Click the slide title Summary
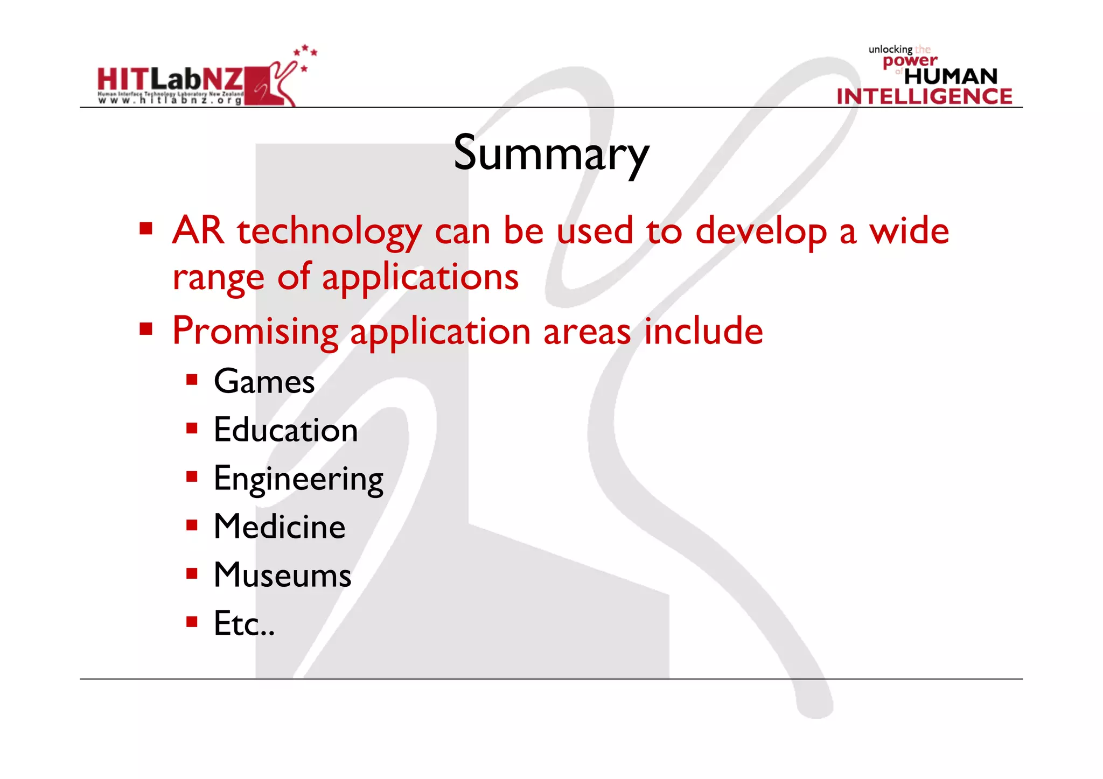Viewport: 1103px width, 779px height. click(551, 153)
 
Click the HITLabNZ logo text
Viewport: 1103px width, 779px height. click(170, 80)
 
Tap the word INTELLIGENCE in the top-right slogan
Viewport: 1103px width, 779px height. click(924, 96)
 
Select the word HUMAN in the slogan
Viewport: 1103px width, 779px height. click(951, 76)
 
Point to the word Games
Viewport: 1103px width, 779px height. click(264, 382)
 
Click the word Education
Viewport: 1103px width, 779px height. click(285, 430)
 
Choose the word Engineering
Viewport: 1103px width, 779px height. click(298, 479)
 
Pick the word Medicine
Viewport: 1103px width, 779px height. click(280, 527)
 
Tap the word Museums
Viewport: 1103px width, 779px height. click(282, 575)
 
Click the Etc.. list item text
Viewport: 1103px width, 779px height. click(244, 623)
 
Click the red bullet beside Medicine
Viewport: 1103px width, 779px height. click(192, 525)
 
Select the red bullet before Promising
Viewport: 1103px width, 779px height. click(146, 328)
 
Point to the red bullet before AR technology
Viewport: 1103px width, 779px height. click(146, 229)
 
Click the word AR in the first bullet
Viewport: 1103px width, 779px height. click(198, 230)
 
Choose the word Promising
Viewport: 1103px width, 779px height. click(255, 332)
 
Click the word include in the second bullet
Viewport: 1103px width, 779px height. click(703, 331)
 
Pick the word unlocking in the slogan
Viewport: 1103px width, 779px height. click(890, 50)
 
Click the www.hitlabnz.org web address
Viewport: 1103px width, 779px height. click(170, 100)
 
